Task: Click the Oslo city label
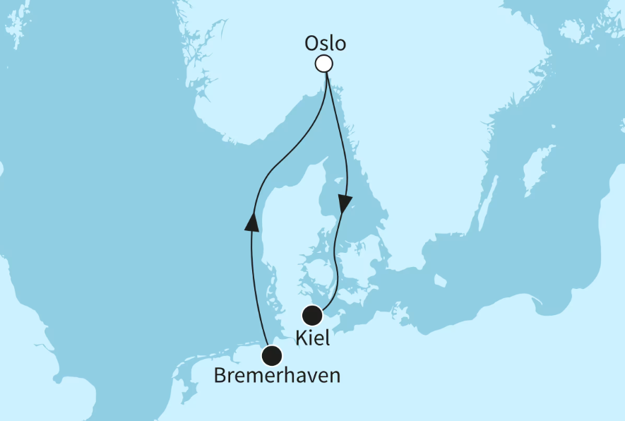point(325,43)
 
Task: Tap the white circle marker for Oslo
point(323,64)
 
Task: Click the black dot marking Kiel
point(312,316)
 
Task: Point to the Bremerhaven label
point(277,376)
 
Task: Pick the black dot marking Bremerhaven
point(271,355)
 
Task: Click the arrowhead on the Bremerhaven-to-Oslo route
point(251,222)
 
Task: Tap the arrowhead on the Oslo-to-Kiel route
point(345,204)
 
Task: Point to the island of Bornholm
point(439,281)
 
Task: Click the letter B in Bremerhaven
point(220,376)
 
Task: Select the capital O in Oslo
point(311,43)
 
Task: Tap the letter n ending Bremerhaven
point(333,376)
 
